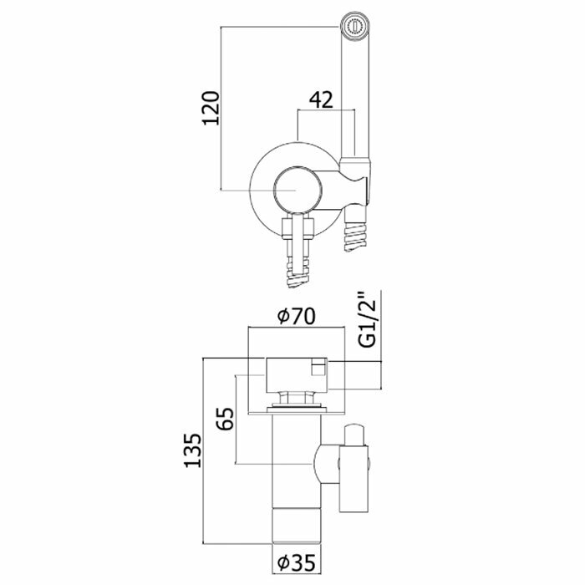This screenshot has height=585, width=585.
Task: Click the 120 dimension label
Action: [x=211, y=108]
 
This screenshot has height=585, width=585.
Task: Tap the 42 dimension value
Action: [x=321, y=99]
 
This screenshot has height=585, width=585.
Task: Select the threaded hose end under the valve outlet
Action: [x=298, y=272]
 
